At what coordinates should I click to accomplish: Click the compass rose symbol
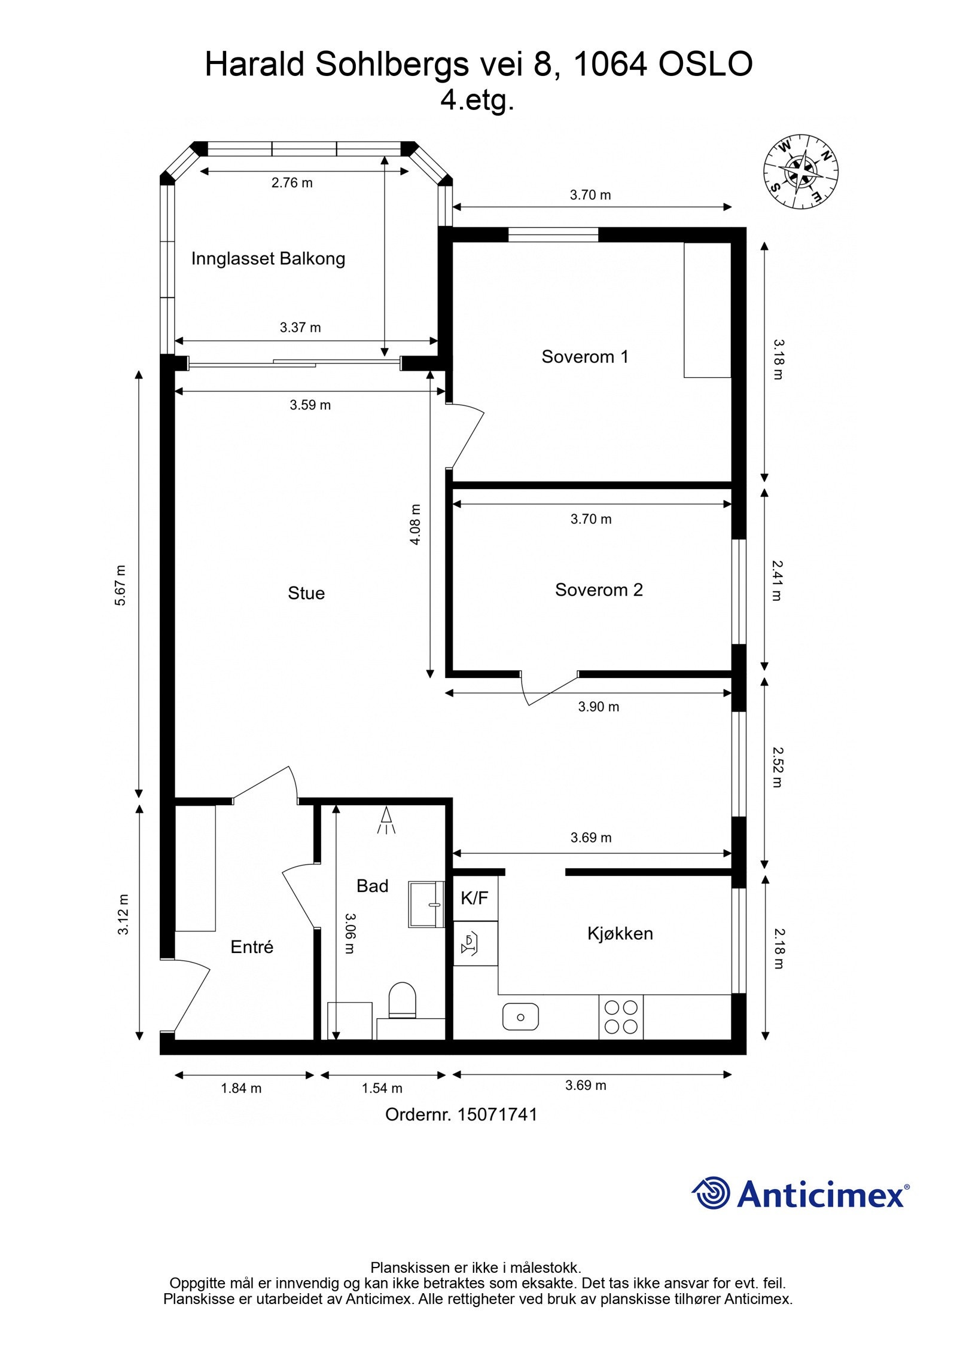pyautogui.click(x=800, y=172)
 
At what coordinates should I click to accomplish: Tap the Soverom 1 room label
pyautogui.click(x=584, y=357)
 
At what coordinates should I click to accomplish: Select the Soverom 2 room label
pyautogui.click(x=598, y=590)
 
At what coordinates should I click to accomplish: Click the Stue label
pyautogui.click(x=306, y=593)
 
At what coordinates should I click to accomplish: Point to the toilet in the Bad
pyautogui.click(x=402, y=1000)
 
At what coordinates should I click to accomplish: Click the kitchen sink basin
pyautogui.click(x=520, y=1017)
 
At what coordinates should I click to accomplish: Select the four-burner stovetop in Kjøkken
pyautogui.click(x=620, y=1017)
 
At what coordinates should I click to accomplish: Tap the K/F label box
pyautogui.click(x=474, y=897)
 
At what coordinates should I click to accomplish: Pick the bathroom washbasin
pyautogui.click(x=426, y=904)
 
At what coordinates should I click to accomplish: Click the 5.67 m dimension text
pyautogui.click(x=121, y=585)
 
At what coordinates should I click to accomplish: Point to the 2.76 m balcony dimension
pyautogui.click(x=292, y=183)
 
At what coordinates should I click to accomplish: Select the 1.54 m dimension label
pyautogui.click(x=382, y=1088)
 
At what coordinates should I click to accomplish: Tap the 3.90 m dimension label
pyautogui.click(x=598, y=707)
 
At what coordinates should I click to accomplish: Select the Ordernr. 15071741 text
pyautogui.click(x=461, y=1114)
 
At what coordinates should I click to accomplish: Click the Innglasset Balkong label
pyautogui.click(x=268, y=259)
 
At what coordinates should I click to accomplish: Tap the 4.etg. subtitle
pyautogui.click(x=477, y=100)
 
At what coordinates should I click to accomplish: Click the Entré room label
pyautogui.click(x=252, y=947)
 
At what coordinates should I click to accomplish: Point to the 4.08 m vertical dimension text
pyautogui.click(x=415, y=524)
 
